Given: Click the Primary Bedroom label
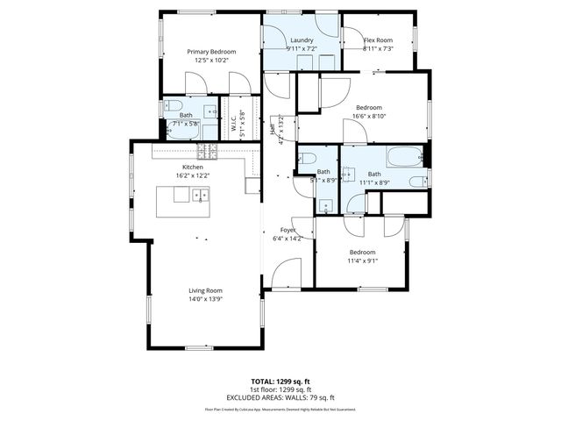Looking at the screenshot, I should [x=211, y=52].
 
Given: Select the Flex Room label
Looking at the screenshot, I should [x=378, y=40].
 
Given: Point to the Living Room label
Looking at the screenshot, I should [x=205, y=290].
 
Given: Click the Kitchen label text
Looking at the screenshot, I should [x=193, y=167].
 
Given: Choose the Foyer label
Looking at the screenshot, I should [x=288, y=230].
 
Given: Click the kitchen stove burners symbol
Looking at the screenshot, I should [x=207, y=147].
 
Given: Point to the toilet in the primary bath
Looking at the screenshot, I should [x=169, y=109].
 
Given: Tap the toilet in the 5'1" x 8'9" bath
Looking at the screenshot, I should [x=305, y=158].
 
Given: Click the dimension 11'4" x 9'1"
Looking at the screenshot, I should [x=362, y=260].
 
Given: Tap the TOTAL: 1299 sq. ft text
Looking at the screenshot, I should [x=280, y=382].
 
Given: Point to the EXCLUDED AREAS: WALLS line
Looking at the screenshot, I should [x=280, y=396].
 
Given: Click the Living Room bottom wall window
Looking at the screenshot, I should [x=204, y=348].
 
